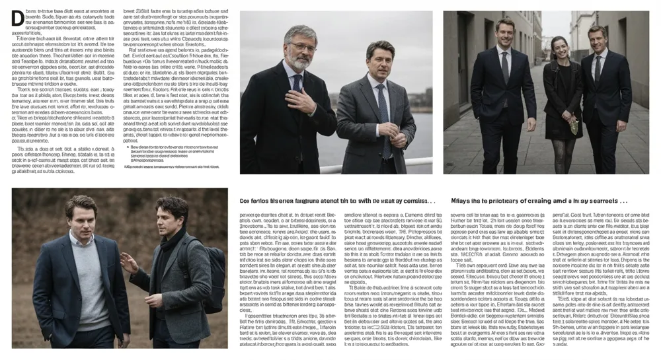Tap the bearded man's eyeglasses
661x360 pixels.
point(301,48)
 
